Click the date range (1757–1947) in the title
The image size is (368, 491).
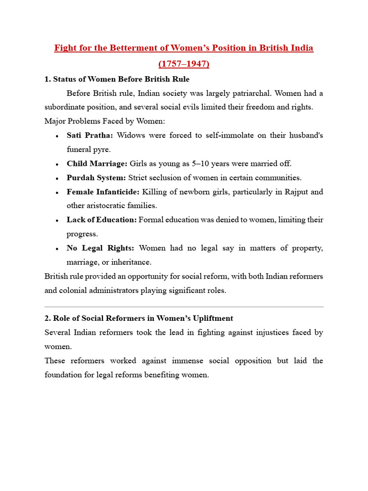click(184, 64)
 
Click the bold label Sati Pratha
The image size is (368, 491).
click(90, 135)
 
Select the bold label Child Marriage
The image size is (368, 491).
click(97, 164)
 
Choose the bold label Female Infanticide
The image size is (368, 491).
click(103, 192)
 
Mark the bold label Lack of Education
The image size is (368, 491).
click(102, 220)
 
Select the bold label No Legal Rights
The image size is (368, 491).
click(101, 248)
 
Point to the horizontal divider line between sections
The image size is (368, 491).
click(184, 306)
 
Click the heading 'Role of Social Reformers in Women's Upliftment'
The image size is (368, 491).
click(139, 318)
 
